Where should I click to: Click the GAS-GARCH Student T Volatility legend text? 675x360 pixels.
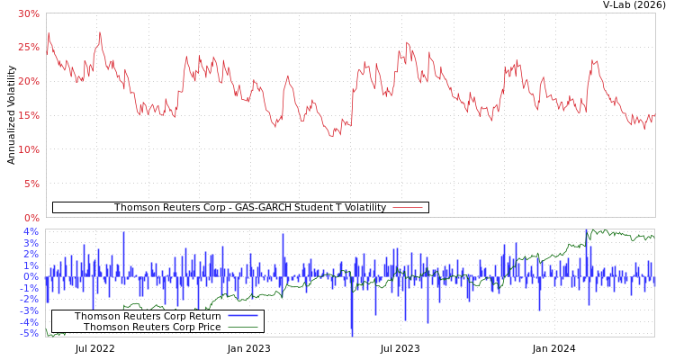pos(249,208)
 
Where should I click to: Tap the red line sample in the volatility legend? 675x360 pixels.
pos(408,208)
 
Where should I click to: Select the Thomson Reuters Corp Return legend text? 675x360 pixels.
pos(148,317)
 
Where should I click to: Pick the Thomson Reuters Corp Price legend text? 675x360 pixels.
pos(152,328)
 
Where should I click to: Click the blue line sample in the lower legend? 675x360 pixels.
pos(243,317)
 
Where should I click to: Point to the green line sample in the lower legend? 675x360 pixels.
pos(243,328)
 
